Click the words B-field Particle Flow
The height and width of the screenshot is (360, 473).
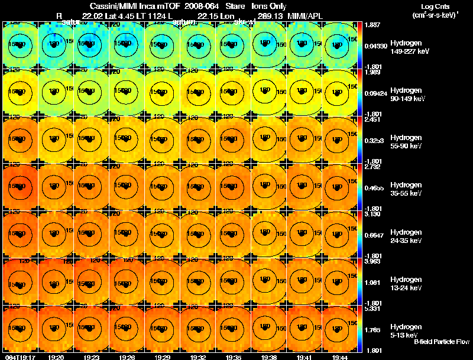coord(442,342)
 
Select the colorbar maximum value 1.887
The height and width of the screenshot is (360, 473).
coord(372,25)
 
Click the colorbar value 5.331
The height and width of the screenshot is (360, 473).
coord(372,309)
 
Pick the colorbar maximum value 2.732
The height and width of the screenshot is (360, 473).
coord(372,167)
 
